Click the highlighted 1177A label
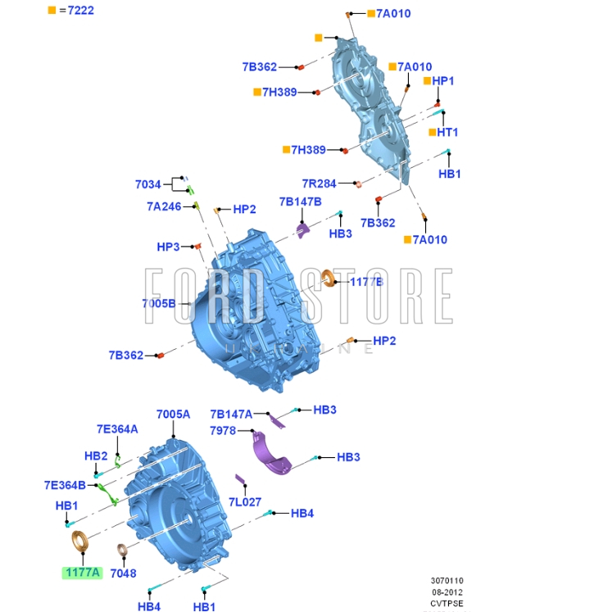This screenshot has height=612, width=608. [x=83, y=573]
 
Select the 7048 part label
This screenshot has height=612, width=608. [x=123, y=573]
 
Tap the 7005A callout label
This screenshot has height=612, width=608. [x=173, y=415]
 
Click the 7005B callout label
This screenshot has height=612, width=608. [x=159, y=303]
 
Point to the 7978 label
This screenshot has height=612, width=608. [x=223, y=430]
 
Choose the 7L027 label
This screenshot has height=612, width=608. [x=244, y=502]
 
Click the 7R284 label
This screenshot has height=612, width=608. [x=320, y=183]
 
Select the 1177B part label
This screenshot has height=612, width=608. [x=366, y=281]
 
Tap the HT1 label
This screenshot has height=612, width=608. [x=447, y=132]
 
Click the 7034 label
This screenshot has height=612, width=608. [x=148, y=184]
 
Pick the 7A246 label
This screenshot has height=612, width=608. [x=164, y=206]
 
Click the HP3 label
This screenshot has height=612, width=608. [x=168, y=247]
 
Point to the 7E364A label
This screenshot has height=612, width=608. [x=117, y=428]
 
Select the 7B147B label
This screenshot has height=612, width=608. [x=300, y=202]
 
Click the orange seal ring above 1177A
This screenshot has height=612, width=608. [x=80, y=542]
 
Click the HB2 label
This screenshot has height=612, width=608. [x=96, y=456]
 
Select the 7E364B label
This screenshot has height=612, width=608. [x=65, y=484]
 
